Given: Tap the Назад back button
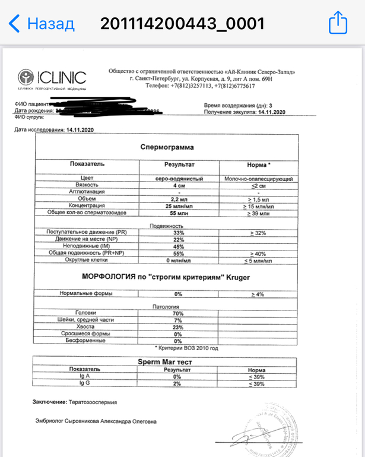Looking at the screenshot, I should click(x=42, y=24).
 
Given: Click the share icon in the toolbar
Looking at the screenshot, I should click(x=337, y=24).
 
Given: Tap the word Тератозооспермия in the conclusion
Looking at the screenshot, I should click(x=92, y=402).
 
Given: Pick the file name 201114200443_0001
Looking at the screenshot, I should click(x=182, y=24).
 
